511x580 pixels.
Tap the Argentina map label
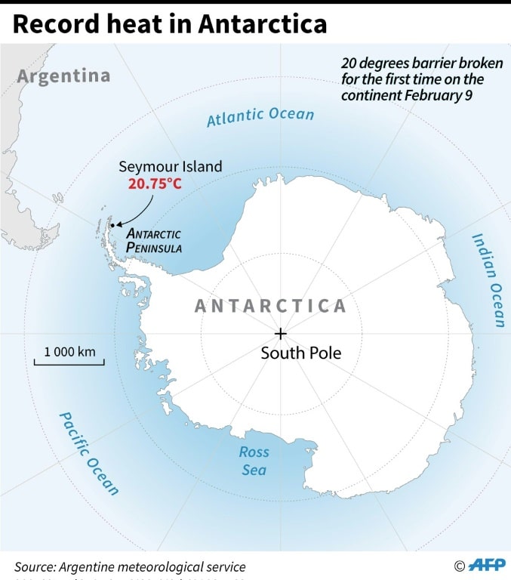[x=63, y=76]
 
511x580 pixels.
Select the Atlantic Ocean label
[x=260, y=116]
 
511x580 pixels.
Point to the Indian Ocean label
[x=488, y=280]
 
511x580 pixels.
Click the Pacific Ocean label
[x=89, y=453]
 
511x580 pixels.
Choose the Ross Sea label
[x=254, y=461]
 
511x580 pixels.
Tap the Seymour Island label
[x=171, y=166]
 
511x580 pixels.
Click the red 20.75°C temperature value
[x=155, y=184]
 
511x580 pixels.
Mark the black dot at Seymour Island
[x=112, y=225]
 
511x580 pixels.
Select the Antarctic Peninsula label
[x=154, y=240]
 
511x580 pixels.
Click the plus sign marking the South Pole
[x=281, y=333]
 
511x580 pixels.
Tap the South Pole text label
[x=300, y=353]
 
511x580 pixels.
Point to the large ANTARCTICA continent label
[x=270, y=306]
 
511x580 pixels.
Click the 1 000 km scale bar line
[x=69, y=363]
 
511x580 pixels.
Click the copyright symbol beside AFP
[x=459, y=566]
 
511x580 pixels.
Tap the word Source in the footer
[x=35, y=566]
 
